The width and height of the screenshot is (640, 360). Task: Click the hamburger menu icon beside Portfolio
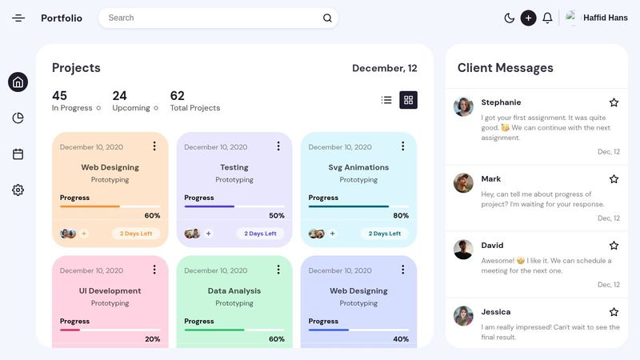[18, 18]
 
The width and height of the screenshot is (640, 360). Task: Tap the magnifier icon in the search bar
[327, 18]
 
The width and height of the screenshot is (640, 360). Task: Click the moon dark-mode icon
[510, 18]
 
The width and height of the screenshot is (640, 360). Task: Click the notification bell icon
[547, 18]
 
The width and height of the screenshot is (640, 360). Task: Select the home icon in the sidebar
[18, 82]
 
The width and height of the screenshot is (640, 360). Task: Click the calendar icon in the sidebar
[18, 154]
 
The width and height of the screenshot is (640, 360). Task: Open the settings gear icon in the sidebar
[18, 190]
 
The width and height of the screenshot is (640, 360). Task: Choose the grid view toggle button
[408, 100]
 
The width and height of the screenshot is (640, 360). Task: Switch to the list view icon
[386, 100]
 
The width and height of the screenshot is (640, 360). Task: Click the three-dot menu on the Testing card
[278, 146]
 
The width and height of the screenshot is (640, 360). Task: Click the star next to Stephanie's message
[614, 102]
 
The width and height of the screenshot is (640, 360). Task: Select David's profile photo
[463, 249]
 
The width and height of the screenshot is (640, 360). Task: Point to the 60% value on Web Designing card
[152, 215]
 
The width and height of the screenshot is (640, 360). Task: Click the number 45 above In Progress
[59, 96]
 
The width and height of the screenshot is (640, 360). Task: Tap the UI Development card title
[110, 291]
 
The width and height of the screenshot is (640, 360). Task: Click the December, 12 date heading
[384, 68]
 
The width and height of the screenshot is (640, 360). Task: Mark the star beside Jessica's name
[614, 312]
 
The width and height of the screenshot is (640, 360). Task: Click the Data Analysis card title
[234, 291]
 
